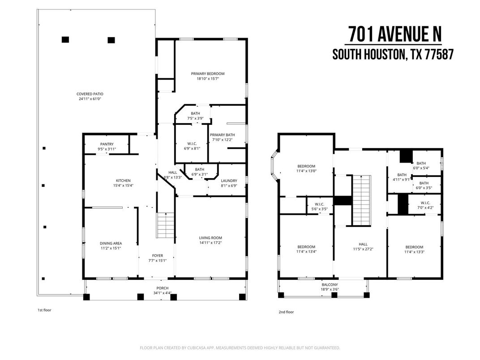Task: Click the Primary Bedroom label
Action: click(207, 73)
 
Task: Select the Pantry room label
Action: click(107, 144)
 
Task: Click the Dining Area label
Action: click(110, 243)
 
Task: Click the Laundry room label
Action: click(228, 181)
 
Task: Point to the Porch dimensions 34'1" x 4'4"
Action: click(162, 293)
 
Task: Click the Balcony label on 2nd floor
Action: click(330, 285)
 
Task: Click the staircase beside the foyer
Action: click(165, 225)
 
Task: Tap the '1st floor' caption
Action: click(44, 309)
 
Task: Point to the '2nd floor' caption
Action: click(286, 312)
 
